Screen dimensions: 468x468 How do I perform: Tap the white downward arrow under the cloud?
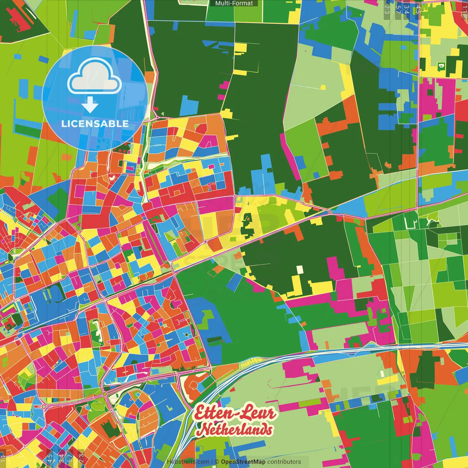coord(90,105)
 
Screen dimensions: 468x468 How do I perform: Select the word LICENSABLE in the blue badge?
coord(95,124)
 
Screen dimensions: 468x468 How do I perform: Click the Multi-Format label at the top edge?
coord(234,3)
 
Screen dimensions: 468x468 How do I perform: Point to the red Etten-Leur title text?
coord(234,413)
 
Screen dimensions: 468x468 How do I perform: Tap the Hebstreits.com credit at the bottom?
coord(188,462)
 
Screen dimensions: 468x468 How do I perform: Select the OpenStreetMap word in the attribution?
coord(243,462)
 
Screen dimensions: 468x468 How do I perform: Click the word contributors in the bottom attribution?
coord(284,462)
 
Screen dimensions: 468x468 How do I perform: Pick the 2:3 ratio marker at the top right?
coord(387,9)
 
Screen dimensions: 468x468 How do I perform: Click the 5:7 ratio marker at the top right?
coord(398,9)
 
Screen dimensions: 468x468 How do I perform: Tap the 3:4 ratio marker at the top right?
coord(407,9)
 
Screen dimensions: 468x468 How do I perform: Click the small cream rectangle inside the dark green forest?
coord(300,269)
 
